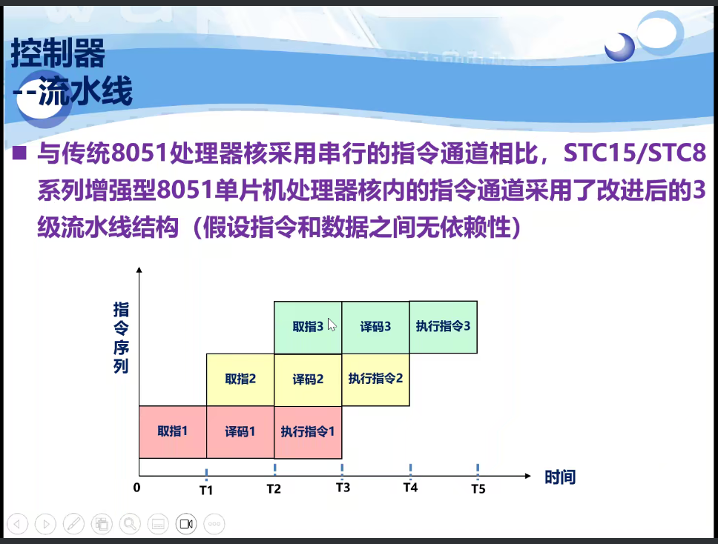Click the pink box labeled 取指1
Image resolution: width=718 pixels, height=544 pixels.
pyautogui.click(x=173, y=432)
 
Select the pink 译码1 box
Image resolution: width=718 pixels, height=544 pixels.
pyautogui.click(x=240, y=432)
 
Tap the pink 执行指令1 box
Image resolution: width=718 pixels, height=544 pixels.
pyautogui.click(x=308, y=432)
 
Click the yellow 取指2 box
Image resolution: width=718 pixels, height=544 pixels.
pyautogui.click(x=240, y=379)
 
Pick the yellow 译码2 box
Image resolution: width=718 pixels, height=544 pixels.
pyautogui.click(x=308, y=379)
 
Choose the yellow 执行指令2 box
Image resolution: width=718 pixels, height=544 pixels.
pyautogui.click(x=376, y=379)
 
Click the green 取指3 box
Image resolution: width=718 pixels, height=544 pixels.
pyautogui.click(x=308, y=328)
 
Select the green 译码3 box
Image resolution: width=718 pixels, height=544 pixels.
pyautogui.click(x=376, y=328)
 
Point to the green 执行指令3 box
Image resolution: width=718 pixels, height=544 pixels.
pyautogui.click(x=444, y=327)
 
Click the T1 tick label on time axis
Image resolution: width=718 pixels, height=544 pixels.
pyautogui.click(x=206, y=491)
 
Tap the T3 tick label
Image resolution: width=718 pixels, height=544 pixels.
pyautogui.click(x=343, y=488)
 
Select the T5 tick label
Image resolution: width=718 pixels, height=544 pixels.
pyautogui.click(x=478, y=489)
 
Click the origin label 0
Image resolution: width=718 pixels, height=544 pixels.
pyautogui.click(x=136, y=488)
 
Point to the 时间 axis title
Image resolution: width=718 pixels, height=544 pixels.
pyautogui.click(x=560, y=477)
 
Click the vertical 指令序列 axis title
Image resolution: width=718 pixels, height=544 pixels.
pyautogui.click(x=121, y=338)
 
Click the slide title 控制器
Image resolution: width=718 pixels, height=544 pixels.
pyautogui.click(x=58, y=53)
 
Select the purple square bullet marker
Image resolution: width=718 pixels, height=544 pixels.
pyautogui.click(x=19, y=153)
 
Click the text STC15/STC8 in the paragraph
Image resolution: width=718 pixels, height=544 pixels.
pyautogui.click(x=635, y=153)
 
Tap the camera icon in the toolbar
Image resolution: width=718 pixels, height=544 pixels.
pyautogui.click(x=186, y=524)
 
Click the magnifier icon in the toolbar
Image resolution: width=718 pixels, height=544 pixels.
pyautogui.click(x=130, y=524)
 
